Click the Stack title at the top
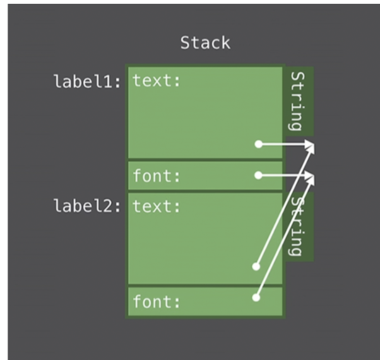tap(205, 43)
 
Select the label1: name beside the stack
tap(88, 82)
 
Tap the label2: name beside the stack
tap(88, 206)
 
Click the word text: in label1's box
tap(155, 81)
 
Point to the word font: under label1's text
tap(155, 176)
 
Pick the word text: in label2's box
tap(155, 206)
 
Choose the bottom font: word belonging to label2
tap(155, 302)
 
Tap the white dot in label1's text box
tap(258, 145)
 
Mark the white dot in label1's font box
tap(258, 175)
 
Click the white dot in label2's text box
tap(256, 267)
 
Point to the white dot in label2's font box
tap(256, 297)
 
